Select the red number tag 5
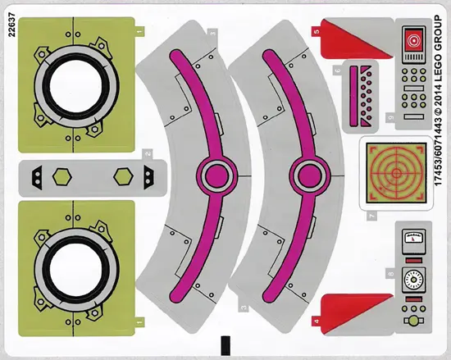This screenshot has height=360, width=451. [317, 32]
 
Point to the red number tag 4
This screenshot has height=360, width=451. [317, 321]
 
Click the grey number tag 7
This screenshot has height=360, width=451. [371, 216]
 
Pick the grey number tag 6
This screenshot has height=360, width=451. [338, 71]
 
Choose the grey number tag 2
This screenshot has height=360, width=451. [148, 153]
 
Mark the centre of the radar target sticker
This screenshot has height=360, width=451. [396, 173]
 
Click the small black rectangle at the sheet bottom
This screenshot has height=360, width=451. [225, 345]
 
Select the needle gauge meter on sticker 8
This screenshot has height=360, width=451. [413, 238]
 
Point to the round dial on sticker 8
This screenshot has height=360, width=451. [413, 279]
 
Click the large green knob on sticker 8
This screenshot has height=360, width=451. [413, 321]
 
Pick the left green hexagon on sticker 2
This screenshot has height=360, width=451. [62, 176]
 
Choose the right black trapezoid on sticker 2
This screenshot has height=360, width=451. [148, 177]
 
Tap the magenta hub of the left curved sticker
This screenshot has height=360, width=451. [216, 175]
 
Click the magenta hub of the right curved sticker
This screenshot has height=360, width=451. [309, 175]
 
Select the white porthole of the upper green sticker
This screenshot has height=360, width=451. [76, 85]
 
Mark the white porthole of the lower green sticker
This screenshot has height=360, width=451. [76, 270]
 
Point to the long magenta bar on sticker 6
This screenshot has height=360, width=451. [353, 96]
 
